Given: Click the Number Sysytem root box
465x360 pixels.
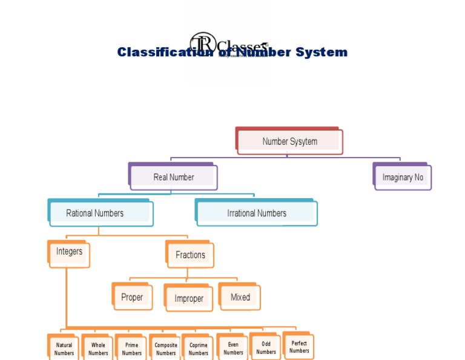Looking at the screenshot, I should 289,141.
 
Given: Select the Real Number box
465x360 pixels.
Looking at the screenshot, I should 174,177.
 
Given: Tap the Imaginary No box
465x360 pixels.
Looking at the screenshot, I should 403,178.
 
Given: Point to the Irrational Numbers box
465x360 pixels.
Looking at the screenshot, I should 256,213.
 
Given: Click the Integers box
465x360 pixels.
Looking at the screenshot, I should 69,252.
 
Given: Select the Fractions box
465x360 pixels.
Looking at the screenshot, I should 190,255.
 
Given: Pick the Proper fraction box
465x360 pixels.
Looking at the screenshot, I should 132,297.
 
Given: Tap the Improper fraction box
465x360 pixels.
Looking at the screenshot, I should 189,299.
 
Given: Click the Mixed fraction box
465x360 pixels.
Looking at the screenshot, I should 240,297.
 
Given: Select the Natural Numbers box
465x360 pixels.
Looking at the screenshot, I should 64,349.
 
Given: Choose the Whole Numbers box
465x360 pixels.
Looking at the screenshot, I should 98,349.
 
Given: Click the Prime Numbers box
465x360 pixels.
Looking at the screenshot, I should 131,349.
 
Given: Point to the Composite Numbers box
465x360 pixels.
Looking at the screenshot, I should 165,349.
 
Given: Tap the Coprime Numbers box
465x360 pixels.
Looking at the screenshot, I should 198,349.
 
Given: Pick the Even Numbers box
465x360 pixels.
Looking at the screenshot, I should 233,348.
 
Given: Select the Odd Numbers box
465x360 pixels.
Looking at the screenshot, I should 266,347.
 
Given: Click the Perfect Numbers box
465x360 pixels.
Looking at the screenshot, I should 298,347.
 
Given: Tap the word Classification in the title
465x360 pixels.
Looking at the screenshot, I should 159,52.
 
